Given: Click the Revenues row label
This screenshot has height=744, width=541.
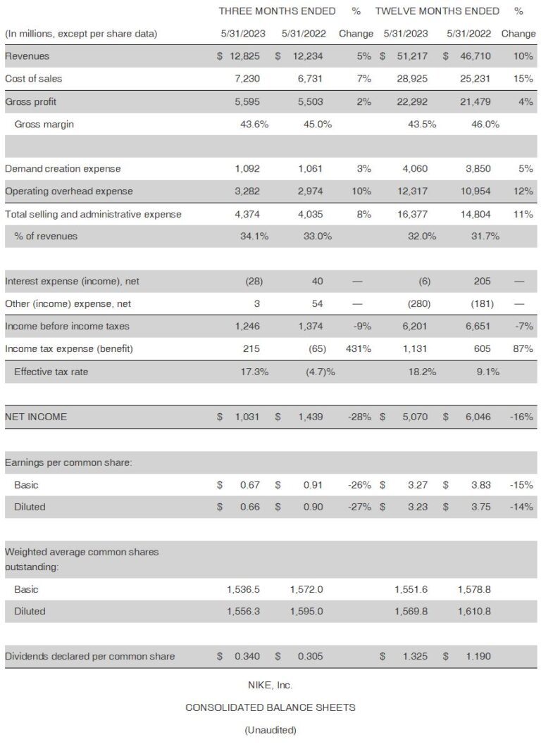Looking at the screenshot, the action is [27, 56].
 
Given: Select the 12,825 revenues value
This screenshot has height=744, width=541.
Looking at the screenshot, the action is [244, 56].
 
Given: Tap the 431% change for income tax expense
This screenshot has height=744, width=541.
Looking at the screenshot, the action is [359, 348].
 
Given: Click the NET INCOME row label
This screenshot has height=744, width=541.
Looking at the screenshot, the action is [36, 417].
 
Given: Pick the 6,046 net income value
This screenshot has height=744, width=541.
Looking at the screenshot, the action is [478, 417].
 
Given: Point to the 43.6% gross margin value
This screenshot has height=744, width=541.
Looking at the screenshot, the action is [254, 125].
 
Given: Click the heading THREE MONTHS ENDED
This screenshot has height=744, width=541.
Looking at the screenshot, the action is [277, 11].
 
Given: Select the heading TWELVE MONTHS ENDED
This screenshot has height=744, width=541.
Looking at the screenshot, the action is [437, 11].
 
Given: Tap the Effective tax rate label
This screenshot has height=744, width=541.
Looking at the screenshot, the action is [51, 372].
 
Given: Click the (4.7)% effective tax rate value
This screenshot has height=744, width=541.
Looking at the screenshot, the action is [320, 372].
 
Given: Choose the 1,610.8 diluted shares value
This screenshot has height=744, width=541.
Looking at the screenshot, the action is [474, 611].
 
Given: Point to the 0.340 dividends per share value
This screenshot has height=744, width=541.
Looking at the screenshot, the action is [247, 656].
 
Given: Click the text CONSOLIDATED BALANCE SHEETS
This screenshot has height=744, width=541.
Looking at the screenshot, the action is [270, 707].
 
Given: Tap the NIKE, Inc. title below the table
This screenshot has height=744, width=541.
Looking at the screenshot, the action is [270, 685].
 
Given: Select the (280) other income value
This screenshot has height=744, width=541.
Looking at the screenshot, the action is [419, 303].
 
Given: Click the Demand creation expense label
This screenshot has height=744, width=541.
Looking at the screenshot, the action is [63, 168].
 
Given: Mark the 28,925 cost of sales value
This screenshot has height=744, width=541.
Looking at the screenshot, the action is [412, 79].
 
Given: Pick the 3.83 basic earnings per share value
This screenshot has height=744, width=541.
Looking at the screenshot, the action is [480, 485].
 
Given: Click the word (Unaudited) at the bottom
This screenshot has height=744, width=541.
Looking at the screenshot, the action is [270, 730].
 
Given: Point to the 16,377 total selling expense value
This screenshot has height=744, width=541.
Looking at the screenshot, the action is [412, 214].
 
